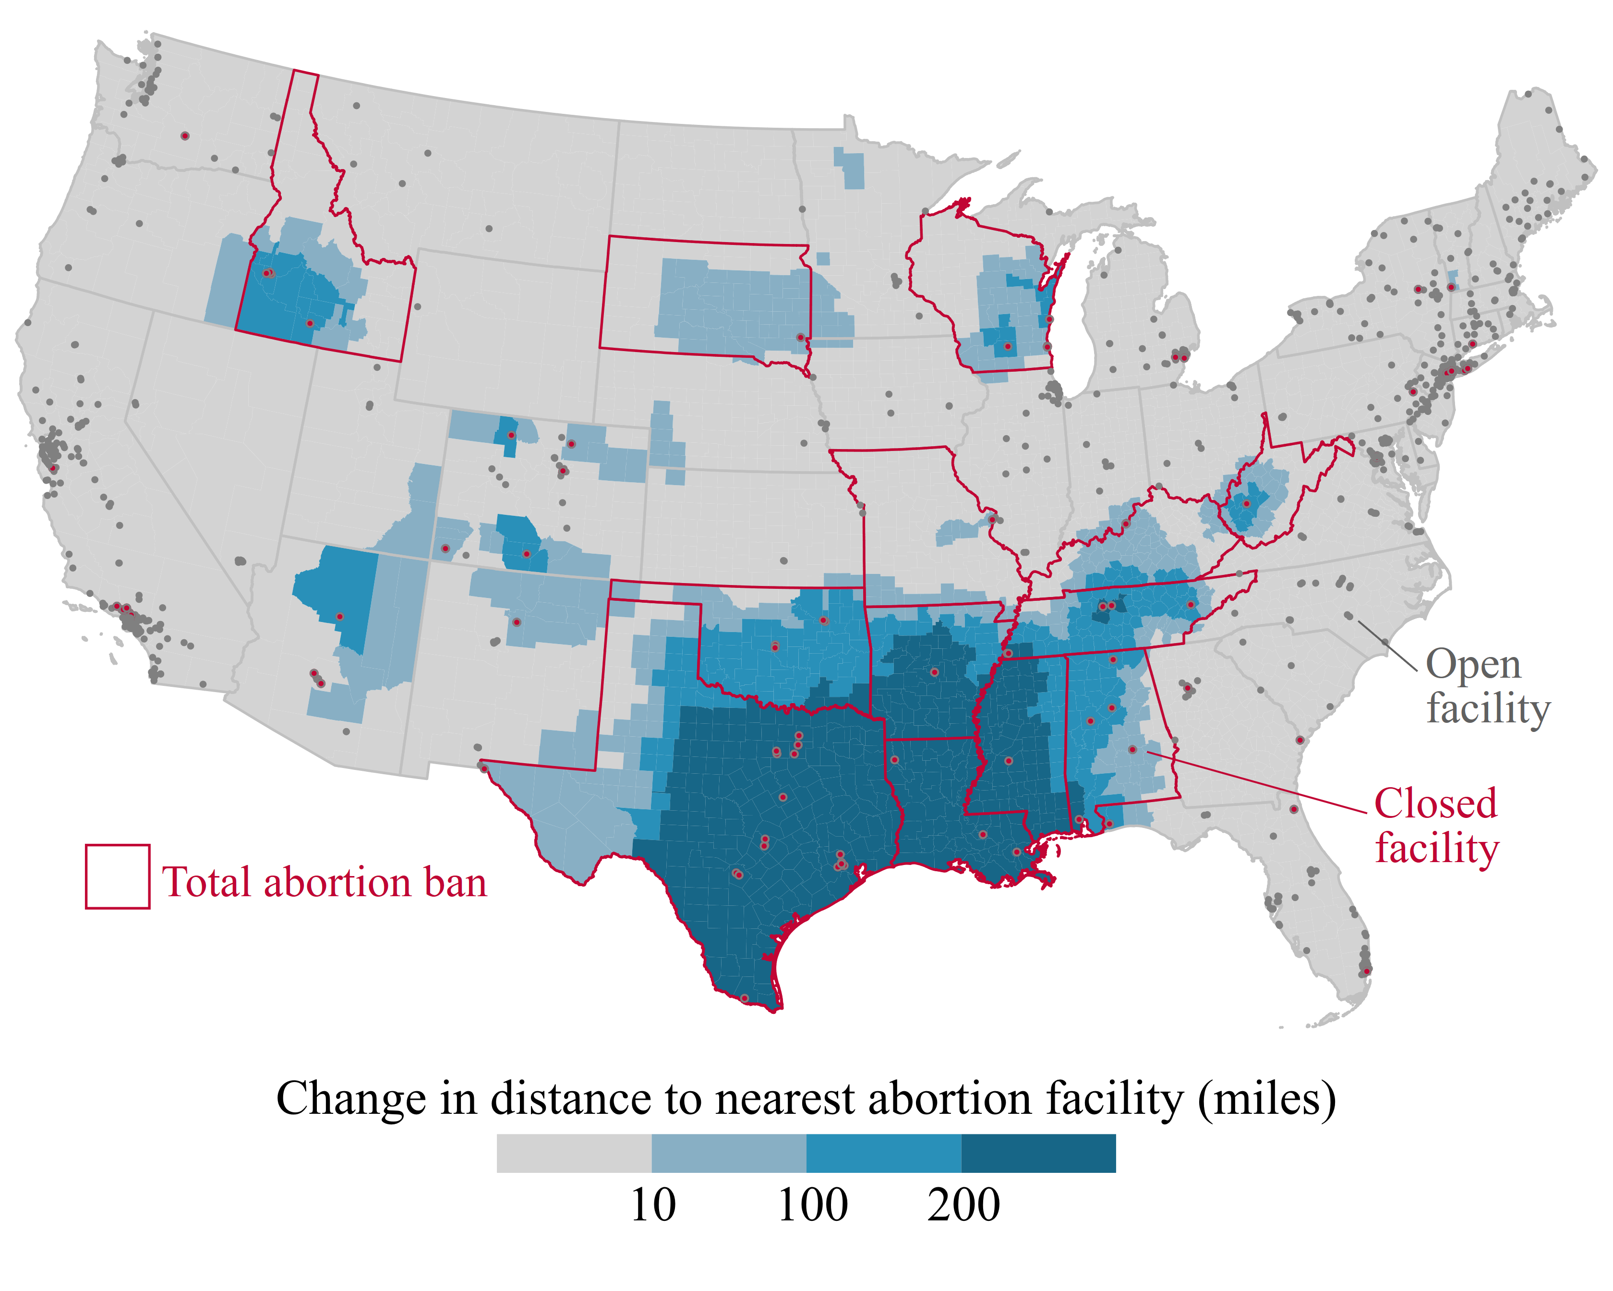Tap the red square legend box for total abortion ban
[x=118, y=877]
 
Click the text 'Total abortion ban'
[x=324, y=882]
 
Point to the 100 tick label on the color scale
[x=812, y=1205]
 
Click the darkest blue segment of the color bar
[x=1038, y=1153]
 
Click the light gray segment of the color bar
[x=574, y=1153]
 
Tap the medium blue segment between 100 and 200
[x=884, y=1153]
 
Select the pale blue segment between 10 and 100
[x=729, y=1153]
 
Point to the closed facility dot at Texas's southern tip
[x=745, y=998]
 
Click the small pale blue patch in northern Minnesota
[x=850, y=169]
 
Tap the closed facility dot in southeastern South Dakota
[x=801, y=338]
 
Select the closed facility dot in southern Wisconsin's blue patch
[x=1008, y=346]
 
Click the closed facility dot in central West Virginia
[x=1246, y=504]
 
